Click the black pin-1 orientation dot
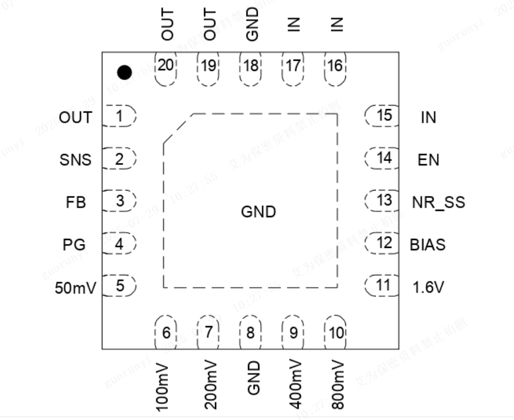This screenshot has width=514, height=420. [x=124, y=72]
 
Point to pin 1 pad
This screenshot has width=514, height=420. [x=120, y=117]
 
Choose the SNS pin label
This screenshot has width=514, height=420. [x=75, y=160]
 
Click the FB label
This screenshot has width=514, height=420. [x=76, y=202]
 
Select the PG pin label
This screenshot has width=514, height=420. [x=74, y=245]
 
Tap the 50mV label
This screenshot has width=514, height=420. [x=76, y=287]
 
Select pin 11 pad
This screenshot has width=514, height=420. [x=382, y=285]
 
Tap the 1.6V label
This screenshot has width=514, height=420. [x=429, y=288]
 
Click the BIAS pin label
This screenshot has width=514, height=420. [x=427, y=245]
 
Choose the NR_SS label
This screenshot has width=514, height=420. [x=439, y=202]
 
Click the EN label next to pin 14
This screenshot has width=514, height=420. [x=429, y=160]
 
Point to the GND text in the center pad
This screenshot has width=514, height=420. [x=259, y=213]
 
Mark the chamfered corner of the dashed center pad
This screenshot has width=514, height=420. [x=178, y=128]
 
